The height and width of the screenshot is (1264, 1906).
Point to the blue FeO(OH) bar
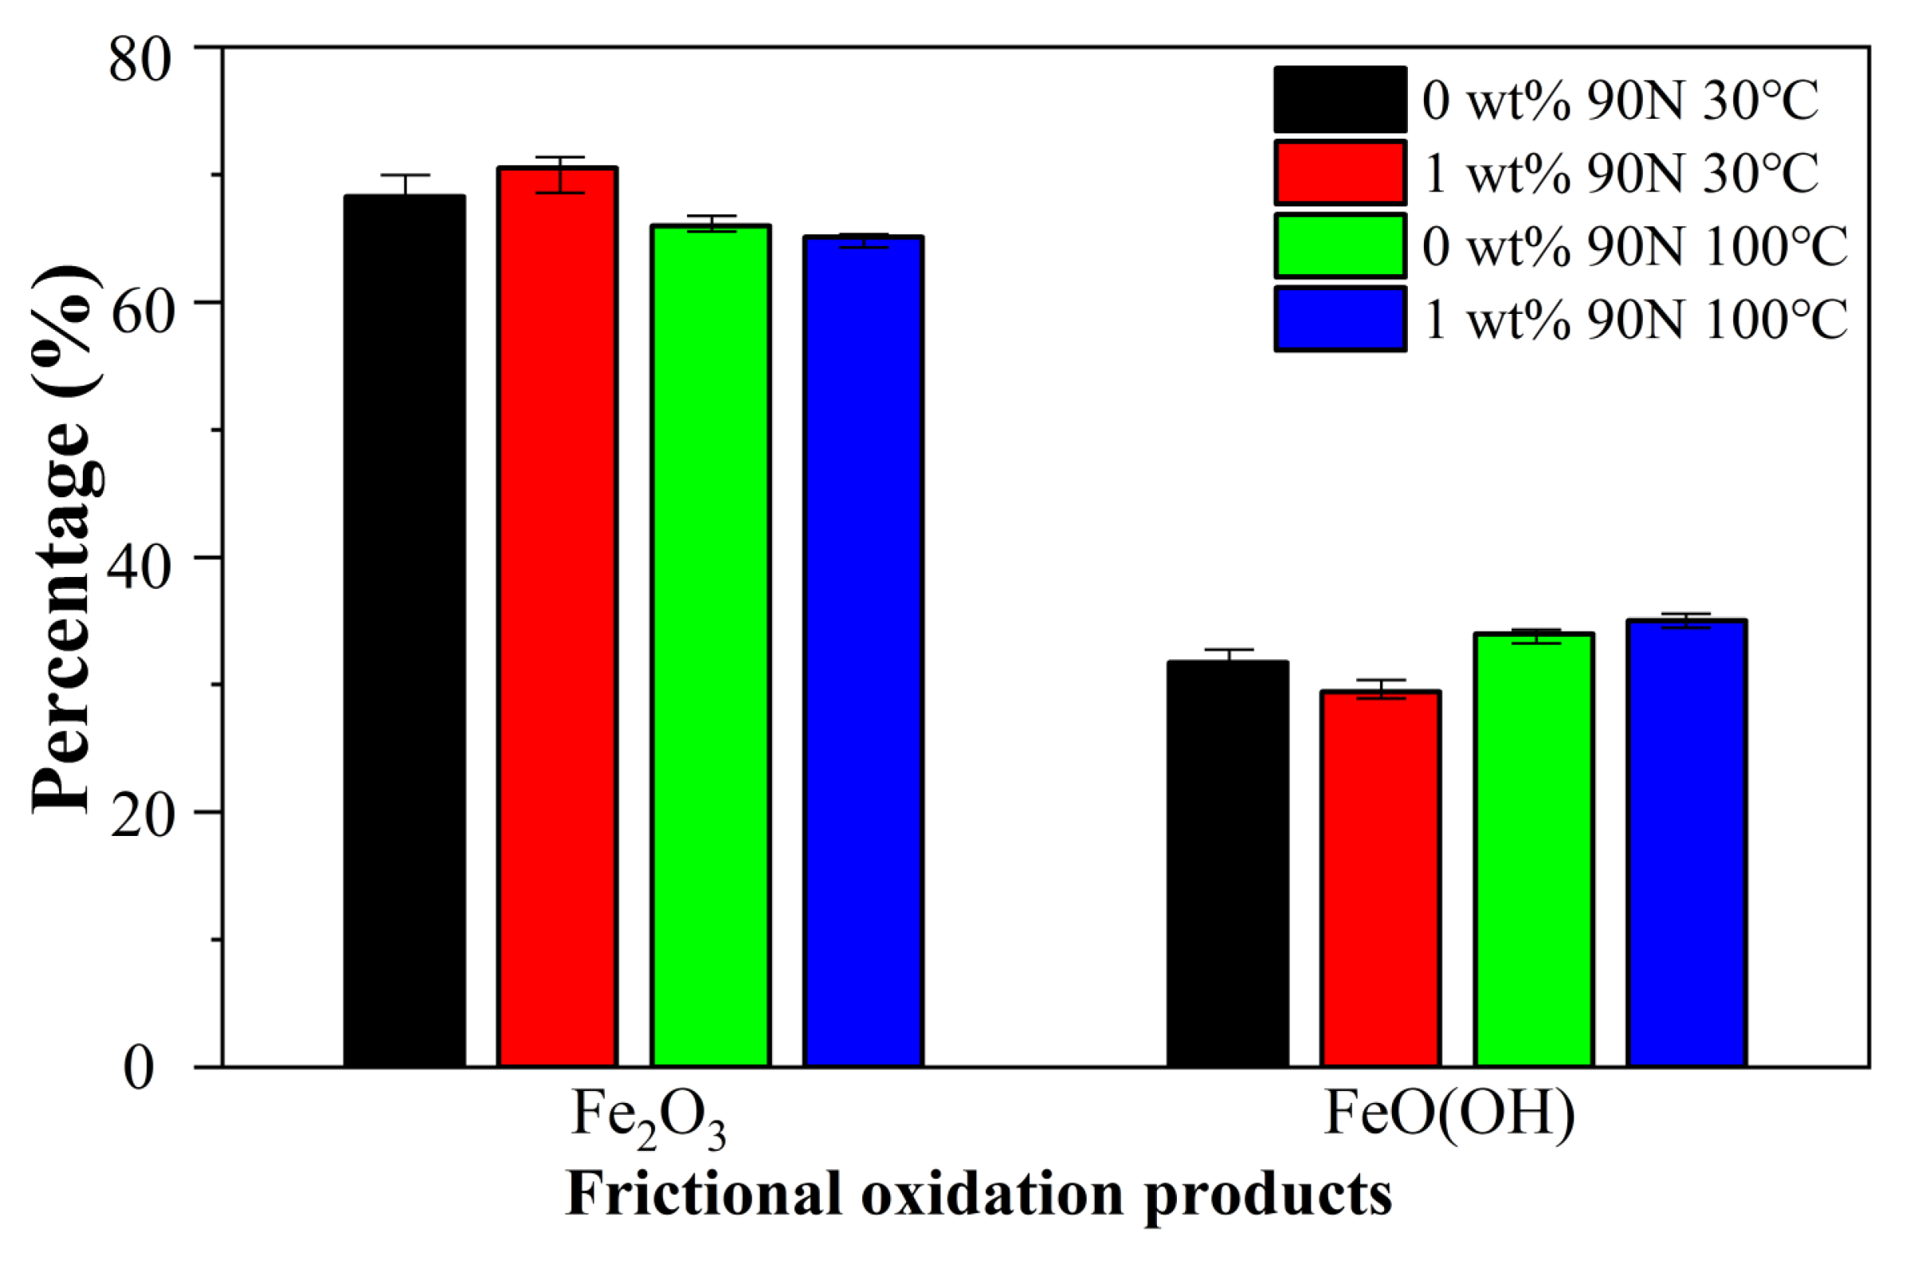tap(1687, 843)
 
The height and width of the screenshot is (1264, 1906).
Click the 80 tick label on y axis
tap(140, 62)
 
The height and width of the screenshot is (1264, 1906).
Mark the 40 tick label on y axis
tap(140, 571)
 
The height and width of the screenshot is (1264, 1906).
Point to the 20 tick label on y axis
tap(140, 826)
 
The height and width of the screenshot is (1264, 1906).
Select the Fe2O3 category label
tap(649, 1119)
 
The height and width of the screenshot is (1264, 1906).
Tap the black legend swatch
tap(1340, 99)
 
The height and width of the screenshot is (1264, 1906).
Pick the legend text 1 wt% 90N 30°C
tap(1620, 173)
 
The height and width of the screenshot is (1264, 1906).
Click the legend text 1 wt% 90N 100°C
tap(1634, 320)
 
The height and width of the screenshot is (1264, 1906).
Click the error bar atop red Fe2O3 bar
tap(559, 174)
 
